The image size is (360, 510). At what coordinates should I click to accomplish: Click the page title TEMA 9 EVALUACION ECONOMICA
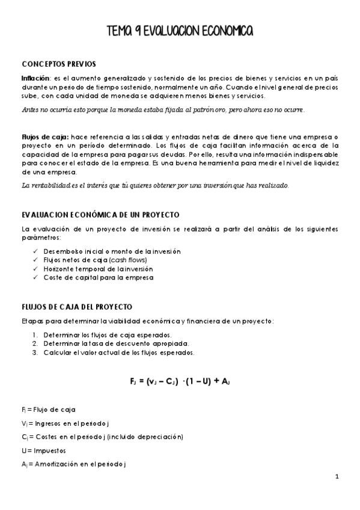pos(180,31)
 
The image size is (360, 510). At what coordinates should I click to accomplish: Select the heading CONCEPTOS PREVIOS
pos(58,64)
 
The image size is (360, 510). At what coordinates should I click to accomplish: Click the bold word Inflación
pos(35,79)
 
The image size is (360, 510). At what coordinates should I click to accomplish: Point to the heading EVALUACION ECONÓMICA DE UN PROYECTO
pos(100,215)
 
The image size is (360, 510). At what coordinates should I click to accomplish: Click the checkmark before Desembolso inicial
pos(36,251)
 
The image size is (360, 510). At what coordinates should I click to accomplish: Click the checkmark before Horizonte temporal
pos(36,269)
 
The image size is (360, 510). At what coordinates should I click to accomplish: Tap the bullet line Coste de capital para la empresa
pos(98,278)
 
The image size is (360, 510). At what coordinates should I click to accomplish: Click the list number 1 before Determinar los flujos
pos(35,335)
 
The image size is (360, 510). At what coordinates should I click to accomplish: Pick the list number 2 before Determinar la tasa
pos(35,343)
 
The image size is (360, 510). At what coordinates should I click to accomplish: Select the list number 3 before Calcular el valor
pos(35,352)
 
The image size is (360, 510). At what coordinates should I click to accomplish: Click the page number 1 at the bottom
pos(337,477)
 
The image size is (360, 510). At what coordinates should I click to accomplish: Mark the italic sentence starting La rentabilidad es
pos(155,185)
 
